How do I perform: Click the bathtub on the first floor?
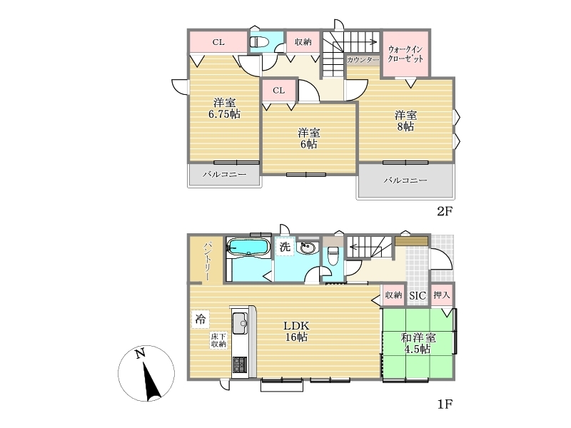tap(248, 248)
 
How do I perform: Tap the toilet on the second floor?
tap(259, 43)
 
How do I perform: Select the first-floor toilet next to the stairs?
tap(333, 257)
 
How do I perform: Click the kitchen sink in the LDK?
tap(240, 323)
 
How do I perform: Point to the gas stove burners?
tap(240, 365)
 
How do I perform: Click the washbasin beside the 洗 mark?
tap(308, 248)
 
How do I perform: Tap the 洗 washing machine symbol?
tap(285, 247)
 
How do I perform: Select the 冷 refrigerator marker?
tap(200, 319)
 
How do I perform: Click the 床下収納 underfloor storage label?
tap(218, 340)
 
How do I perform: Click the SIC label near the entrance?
tap(418, 295)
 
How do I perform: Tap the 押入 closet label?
tap(441, 295)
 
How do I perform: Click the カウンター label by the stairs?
tap(363, 60)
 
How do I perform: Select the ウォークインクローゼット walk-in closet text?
tap(405, 54)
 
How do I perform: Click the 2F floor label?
tap(444, 211)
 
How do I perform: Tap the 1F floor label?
tap(444, 404)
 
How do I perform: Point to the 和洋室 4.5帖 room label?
tap(418, 344)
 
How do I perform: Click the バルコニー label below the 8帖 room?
tap(405, 180)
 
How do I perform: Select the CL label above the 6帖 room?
tap(278, 91)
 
